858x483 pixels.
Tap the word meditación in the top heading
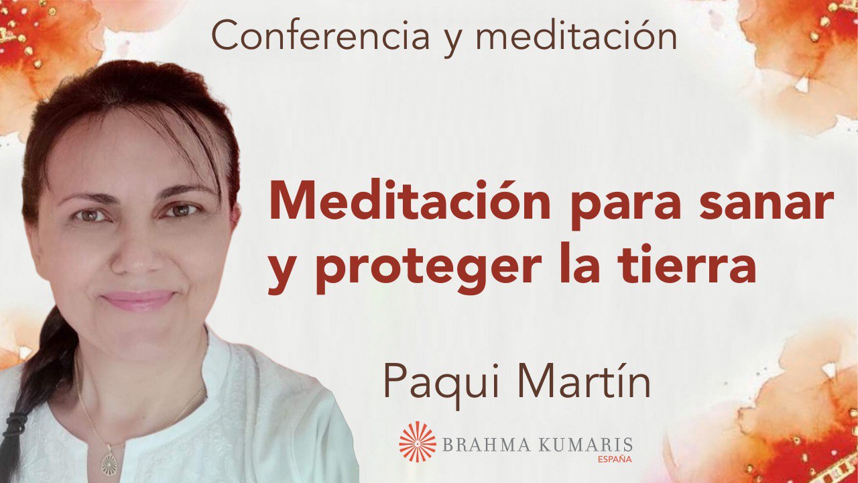(576, 36)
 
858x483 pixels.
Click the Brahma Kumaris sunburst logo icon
(417, 441)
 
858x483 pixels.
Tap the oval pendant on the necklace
(109, 463)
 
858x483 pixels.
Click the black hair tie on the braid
(15, 424)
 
